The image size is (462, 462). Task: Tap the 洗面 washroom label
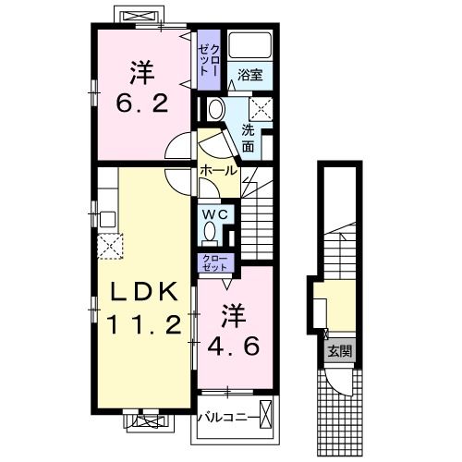249,137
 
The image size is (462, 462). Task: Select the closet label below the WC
213,262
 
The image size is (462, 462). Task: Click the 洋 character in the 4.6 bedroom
231,315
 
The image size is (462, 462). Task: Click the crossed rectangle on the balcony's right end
267,416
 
